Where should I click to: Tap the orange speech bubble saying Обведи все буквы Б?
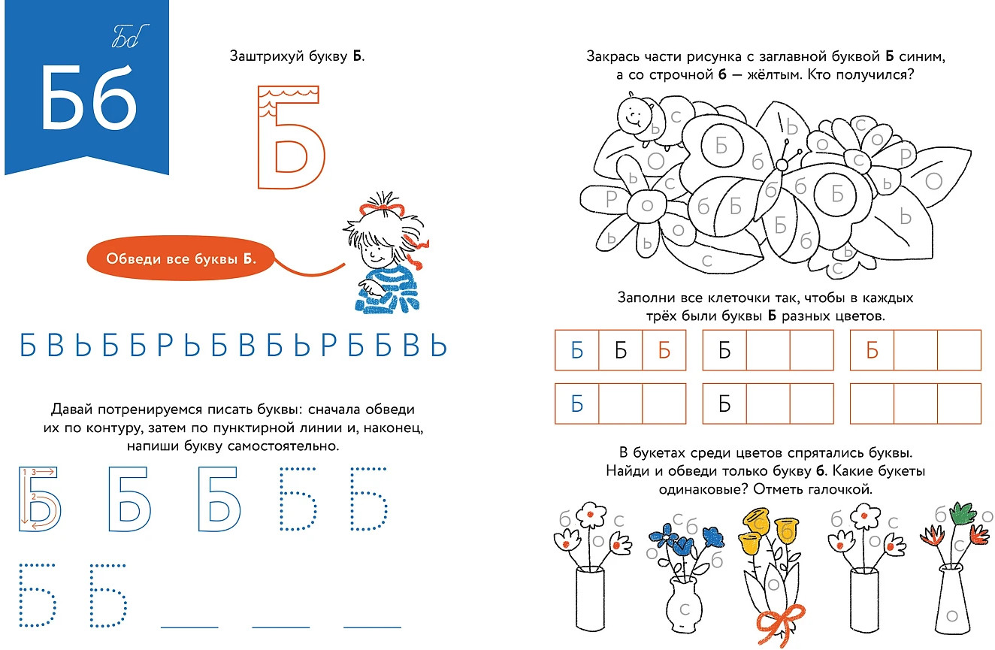tap(181, 258)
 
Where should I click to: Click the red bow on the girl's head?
tap(382, 208)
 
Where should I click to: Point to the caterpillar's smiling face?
tap(633, 116)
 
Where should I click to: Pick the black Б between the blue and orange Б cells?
tap(621, 351)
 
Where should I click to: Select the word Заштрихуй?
tap(266, 56)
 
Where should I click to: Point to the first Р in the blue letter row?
tap(165, 345)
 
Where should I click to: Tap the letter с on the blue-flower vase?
tap(685, 609)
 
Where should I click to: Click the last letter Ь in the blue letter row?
tap(438, 345)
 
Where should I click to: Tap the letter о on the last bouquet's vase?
tap(952, 615)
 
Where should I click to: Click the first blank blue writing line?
tap(189, 627)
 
